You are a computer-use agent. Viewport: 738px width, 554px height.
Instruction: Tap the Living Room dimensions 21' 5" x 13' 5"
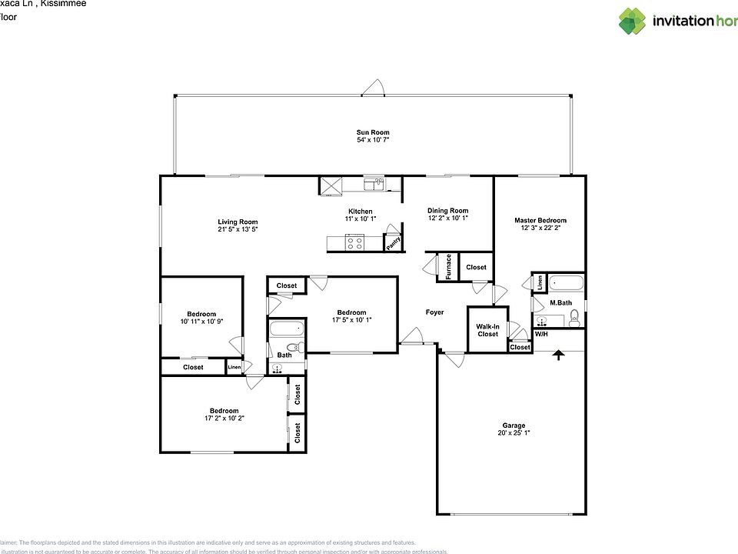pyautogui.click(x=237, y=229)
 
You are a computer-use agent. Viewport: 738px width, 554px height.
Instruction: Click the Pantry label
pyautogui.click(x=393, y=242)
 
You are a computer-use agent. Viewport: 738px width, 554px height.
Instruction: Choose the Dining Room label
pyautogui.click(x=447, y=210)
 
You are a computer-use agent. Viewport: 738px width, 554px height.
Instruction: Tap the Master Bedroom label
pyautogui.click(x=540, y=220)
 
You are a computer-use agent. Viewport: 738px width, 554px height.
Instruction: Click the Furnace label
pyautogui.click(x=447, y=267)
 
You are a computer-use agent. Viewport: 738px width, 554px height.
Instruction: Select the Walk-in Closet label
pyautogui.click(x=487, y=329)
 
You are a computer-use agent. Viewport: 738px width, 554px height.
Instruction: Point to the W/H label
pyautogui.click(x=541, y=335)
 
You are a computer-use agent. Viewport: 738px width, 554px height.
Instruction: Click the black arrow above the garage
pyautogui.click(x=557, y=355)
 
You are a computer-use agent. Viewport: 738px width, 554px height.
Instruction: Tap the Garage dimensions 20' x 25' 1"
pyautogui.click(x=514, y=433)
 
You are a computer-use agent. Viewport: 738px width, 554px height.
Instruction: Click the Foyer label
pyautogui.click(x=435, y=312)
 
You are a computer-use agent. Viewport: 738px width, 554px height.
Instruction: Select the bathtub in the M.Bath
pyautogui.click(x=566, y=282)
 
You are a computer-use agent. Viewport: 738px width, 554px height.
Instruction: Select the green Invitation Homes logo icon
pyautogui.click(x=632, y=21)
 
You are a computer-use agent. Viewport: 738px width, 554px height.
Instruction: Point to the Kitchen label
pyautogui.click(x=360, y=211)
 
